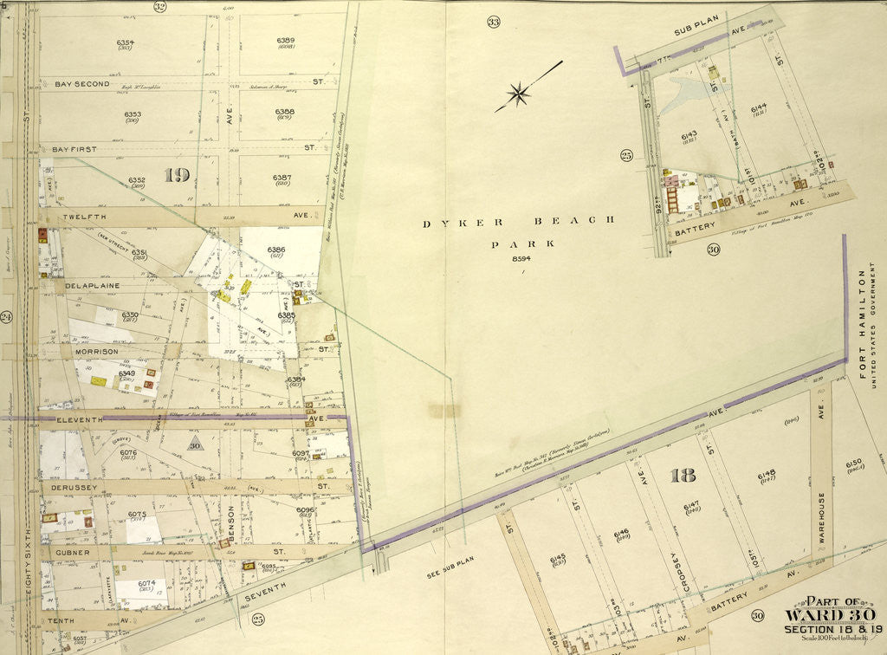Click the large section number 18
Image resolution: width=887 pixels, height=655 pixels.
[683, 475]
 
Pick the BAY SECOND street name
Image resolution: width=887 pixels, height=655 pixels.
[82, 84]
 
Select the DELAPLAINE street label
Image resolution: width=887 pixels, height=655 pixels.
[91, 283]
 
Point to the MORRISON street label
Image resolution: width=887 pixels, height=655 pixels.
[90, 352]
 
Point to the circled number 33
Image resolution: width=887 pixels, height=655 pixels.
[494, 21]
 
